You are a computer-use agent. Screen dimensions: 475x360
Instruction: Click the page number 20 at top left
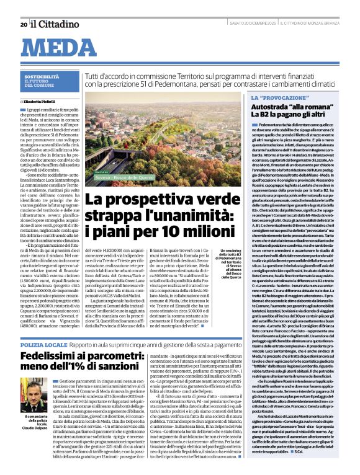click(x=23, y=7)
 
